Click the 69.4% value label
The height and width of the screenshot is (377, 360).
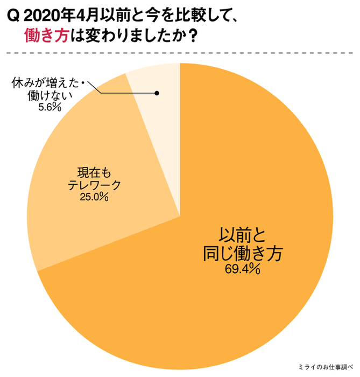(x=243, y=268)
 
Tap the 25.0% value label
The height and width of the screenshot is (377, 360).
(x=95, y=197)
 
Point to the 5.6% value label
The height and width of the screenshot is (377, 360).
(x=49, y=108)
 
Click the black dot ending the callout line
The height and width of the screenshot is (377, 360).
(x=157, y=93)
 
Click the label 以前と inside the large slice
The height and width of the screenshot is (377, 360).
(x=243, y=235)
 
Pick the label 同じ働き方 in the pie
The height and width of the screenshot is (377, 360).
(x=243, y=253)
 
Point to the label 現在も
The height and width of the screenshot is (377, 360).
(x=95, y=173)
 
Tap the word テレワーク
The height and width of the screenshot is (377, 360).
(x=95, y=185)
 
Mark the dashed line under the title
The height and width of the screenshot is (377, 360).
(x=180, y=53)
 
